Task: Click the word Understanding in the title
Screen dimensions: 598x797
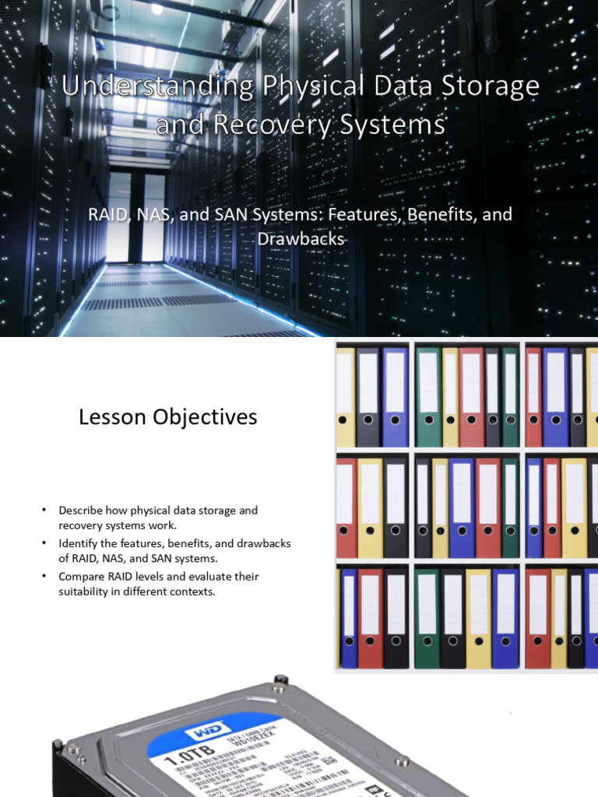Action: click(x=157, y=87)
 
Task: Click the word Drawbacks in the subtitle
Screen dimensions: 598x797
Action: click(x=301, y=238)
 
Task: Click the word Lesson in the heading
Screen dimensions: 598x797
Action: click(x=111, y=418)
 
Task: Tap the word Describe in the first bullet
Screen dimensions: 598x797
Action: click(x=82, y=511)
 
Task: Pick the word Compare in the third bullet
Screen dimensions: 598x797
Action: click(x=81, y=577)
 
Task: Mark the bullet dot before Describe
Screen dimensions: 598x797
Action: click(x=44, y=511)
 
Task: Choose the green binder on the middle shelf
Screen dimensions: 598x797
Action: click(x=510, y=507)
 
